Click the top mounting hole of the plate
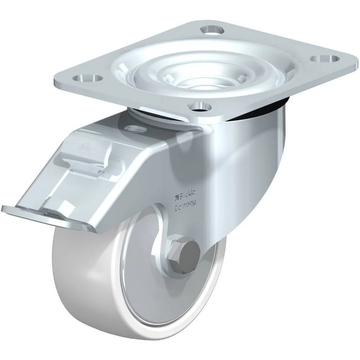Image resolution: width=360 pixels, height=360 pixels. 212,30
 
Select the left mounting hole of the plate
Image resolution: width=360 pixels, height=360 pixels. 87,78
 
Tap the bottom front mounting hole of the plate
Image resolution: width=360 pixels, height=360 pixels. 199,107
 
